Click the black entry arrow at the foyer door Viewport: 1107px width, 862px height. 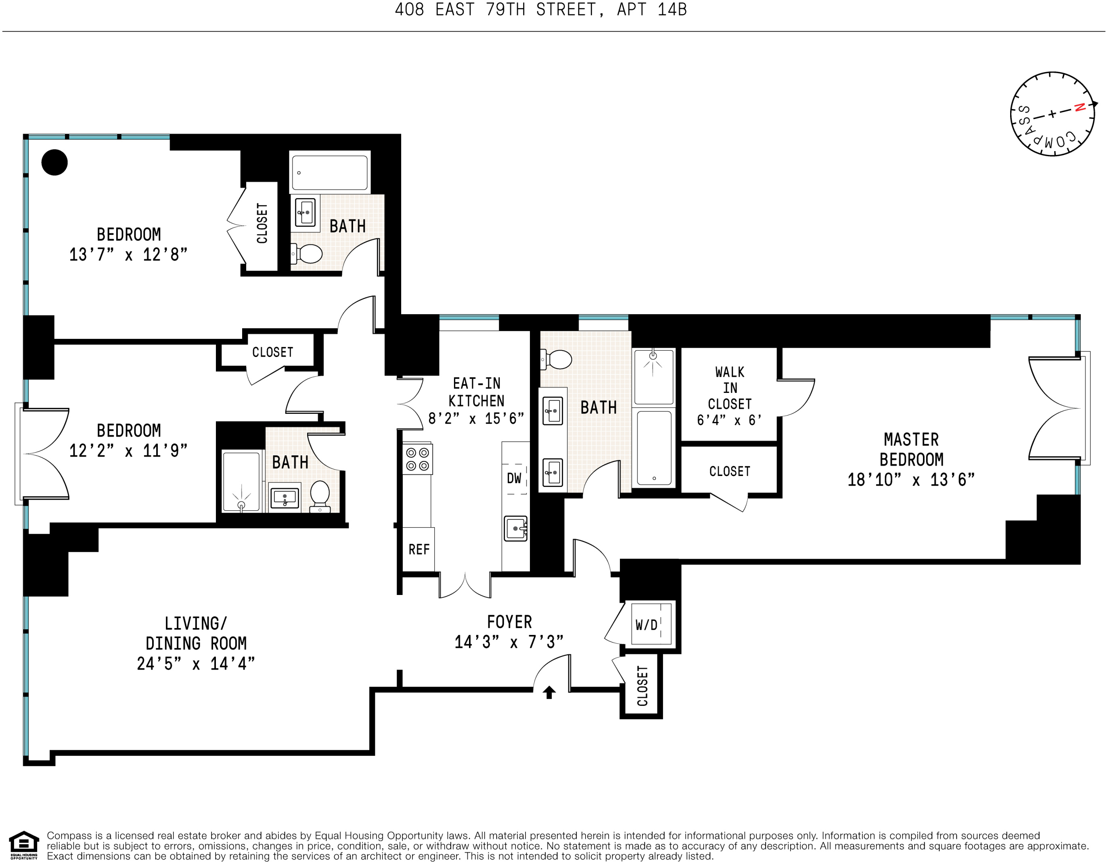click(549, 692)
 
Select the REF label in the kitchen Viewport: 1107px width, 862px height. click(419, 549)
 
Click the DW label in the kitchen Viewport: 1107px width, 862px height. click(514, 478)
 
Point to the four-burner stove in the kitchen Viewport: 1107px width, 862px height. click(418, 459)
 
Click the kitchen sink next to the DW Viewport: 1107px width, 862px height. click(515, 528)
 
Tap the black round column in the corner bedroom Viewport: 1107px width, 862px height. click(54, 162)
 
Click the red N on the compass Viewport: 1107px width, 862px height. click(1080, 107)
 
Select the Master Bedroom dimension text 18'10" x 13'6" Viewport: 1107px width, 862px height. click(911, 479)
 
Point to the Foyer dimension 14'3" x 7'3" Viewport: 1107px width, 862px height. click(509, 643)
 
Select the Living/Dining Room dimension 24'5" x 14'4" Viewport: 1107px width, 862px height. click(196, 664)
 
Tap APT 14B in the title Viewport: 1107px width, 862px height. click(651, 10)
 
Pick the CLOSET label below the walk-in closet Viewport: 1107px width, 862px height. click(729, 471)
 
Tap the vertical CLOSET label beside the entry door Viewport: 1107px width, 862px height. click(642, 686)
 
